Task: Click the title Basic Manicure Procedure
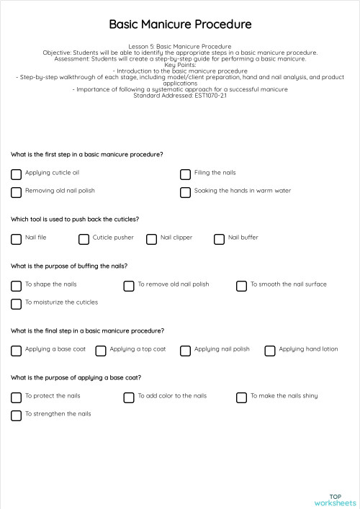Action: tap(180, 24)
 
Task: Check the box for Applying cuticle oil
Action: tap(16, 174)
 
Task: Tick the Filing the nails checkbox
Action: tap(185, 174)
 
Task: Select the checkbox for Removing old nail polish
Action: tap(16, 192)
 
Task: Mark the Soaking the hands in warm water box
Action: tap(185, 192)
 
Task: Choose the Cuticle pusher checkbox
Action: tap(84, 238)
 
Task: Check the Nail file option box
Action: tap(16, 238)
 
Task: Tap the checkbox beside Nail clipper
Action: tap(151, 238)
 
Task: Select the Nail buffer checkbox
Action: tap(219, 238)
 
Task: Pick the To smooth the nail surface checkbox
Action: tap(241, 285)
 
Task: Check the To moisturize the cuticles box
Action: tap(16, 304)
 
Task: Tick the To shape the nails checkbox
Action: tap(16, 285)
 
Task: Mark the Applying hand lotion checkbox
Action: tap(270, 351)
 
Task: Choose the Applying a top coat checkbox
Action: tap(101, 351)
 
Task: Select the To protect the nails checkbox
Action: tap(16, 397)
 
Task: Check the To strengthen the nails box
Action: tap(16, 415)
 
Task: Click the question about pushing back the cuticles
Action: tap(75, 219)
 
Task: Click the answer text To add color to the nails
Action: tap(172, 396)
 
